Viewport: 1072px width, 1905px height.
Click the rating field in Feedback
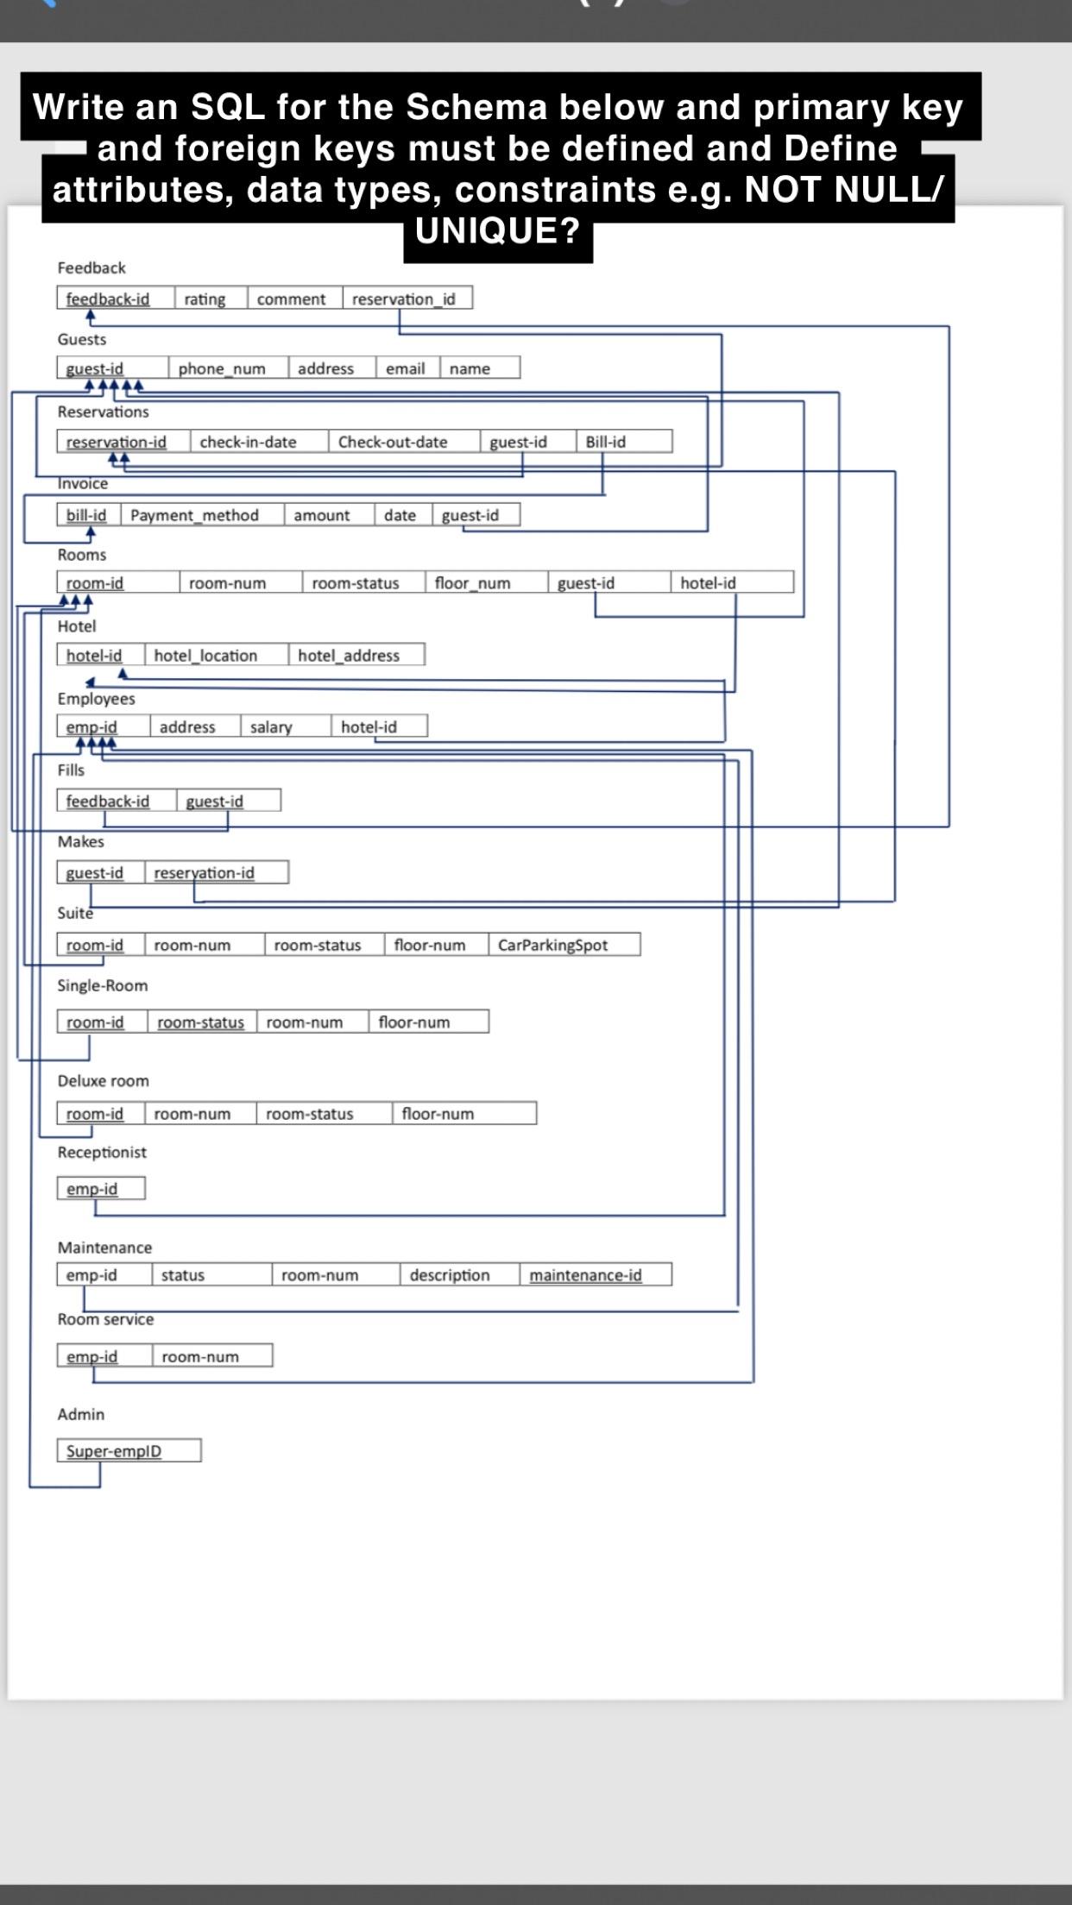tap(205, 299)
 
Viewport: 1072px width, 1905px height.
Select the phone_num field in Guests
tap(222, 368)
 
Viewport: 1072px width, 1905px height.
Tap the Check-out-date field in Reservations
tap(393, 442)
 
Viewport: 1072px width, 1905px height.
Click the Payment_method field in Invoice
tap(195, 515)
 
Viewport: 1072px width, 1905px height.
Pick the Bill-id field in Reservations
tap(606, 442)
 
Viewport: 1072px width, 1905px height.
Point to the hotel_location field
tap(206, 655)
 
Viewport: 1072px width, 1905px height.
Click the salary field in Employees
tap(272, 726)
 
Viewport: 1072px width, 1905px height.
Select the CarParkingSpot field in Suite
tap(553, 945)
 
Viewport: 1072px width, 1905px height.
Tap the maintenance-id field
tap(586, 1274)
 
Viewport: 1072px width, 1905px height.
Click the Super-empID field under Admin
tap(115, 1450)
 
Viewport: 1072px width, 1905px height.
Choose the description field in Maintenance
tap(450, 1274)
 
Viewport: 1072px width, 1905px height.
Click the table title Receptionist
tap(102, 1152)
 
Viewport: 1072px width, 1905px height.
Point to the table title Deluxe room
tap(103, 1080)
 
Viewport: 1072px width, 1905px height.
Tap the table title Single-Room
tap(102, 985)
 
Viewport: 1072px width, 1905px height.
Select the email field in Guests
tap(406, 368)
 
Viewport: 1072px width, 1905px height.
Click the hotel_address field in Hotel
tap(350, 655)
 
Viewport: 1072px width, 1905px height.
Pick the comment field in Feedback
tap(292, 299)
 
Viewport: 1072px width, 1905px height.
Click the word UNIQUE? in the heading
tap(497, 231)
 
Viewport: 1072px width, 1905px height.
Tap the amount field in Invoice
tap(322, 515)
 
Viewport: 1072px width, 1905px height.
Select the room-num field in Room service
tap(201, 1356)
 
